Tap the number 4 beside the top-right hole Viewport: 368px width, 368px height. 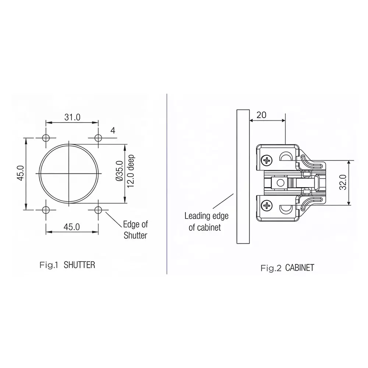click(x=113, y=130)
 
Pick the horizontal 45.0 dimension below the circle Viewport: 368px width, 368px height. click(x=72, y=227)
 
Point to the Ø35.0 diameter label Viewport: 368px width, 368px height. click(x=119, y=171)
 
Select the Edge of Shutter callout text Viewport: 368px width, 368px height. click(x=135, y=230)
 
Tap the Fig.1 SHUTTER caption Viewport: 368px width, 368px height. click(x=67, y=265)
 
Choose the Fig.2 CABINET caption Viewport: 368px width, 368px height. click(x=287, y=268)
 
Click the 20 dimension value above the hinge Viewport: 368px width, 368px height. click(x=261, y=114)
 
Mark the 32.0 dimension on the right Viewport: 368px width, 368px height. click(x=343, y=182)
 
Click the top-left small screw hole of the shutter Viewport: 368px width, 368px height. click(x=46, y=138)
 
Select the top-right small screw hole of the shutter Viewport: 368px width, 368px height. click(x=98, y=138)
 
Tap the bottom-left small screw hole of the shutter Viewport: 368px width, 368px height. click(x=46, y=210)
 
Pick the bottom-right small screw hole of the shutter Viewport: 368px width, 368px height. click(x=98, y=210)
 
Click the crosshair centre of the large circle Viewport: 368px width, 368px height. click(x=69, y=173)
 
